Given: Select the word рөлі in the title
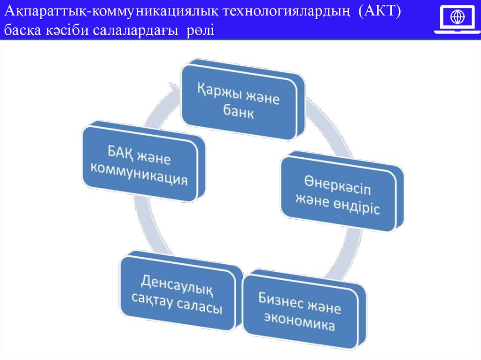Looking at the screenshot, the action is (x=200, y=31).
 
